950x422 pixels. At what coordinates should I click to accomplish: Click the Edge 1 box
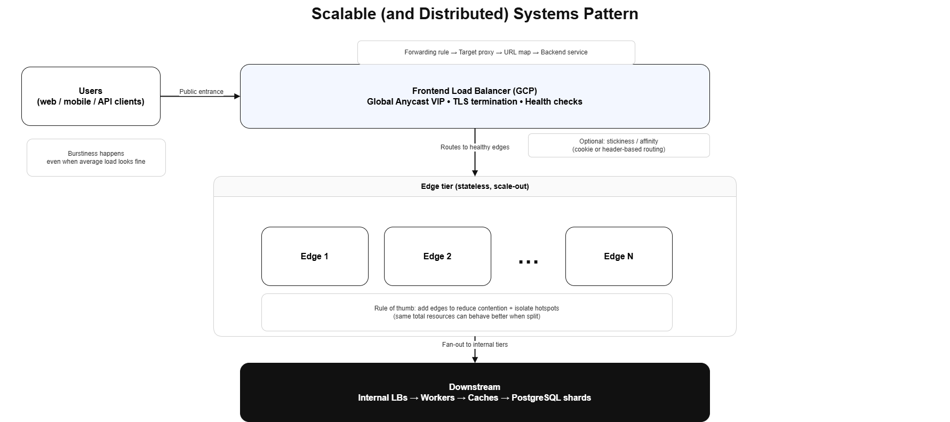coord(315,256)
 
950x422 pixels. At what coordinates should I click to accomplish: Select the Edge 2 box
coord(437,256)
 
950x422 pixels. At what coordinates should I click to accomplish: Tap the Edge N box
coord(619,256)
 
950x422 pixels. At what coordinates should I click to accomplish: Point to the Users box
coord(91,96)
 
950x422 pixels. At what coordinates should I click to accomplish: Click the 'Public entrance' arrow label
coord(201,92)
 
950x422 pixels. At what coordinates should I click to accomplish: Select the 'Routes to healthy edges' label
coord(475,147)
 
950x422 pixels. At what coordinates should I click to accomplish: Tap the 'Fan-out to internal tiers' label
coord(475,345)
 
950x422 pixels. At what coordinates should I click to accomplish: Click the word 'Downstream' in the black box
coord(475,387)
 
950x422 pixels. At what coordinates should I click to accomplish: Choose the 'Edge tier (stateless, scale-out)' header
coord(475,186)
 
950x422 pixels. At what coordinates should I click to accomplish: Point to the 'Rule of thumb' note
coord(467,312)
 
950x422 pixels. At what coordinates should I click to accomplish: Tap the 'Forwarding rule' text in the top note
coord(427,52)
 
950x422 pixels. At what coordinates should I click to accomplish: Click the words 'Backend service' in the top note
coord(564,52)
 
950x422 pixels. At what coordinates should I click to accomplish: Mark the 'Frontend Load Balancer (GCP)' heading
coord(475,91)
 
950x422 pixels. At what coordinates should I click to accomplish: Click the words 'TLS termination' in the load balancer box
coord(485,101)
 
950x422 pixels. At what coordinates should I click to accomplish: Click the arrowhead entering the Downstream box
coord(475,359)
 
